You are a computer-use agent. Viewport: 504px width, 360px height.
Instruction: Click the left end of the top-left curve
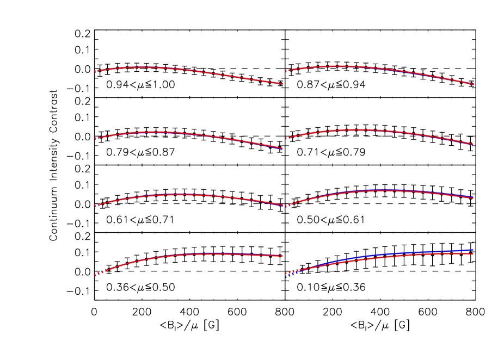point(95,71)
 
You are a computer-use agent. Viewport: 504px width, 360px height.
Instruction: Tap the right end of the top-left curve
point(282,84)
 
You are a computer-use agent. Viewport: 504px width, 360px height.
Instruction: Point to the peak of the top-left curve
point(144,67)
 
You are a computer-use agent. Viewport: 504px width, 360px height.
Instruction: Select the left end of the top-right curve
point(286,71)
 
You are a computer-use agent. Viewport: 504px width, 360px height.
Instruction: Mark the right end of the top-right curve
point(474,84)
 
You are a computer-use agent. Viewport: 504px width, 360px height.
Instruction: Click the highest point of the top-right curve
point(340,66)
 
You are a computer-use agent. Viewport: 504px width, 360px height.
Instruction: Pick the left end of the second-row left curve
point(95,139)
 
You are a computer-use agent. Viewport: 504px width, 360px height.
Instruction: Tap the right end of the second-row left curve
point(282,148)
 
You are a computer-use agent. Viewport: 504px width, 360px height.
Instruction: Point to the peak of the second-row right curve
point(355,129)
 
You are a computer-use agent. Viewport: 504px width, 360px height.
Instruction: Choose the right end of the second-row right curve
point(473,144)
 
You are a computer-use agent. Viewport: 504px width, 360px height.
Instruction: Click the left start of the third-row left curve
point(95,206)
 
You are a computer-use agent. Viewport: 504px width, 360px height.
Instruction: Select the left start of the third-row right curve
point(286,206)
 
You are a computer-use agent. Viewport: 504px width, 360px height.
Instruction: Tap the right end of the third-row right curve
point(473,197)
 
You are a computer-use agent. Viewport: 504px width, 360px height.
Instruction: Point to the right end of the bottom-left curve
point(282,256)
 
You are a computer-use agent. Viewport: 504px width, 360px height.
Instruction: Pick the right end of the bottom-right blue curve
point(473,250)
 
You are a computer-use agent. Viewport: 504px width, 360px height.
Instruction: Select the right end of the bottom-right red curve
point(473,253)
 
